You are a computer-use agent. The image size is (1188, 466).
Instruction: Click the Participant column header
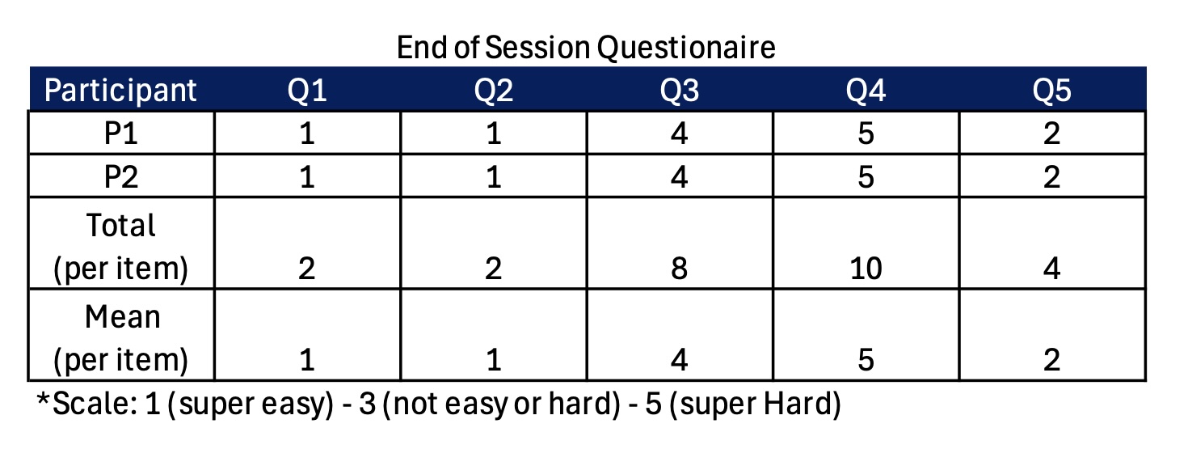tap(120, 91)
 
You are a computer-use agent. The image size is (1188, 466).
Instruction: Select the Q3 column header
tap(680, 91)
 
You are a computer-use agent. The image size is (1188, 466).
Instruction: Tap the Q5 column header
tap(1051, 91)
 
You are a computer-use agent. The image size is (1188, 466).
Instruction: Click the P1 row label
tap(121, 133)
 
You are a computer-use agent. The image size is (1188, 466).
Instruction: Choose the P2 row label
tap(121, 176)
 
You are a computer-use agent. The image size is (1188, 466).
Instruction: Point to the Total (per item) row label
tap(121, 247)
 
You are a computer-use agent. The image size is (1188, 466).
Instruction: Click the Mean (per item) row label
tap(121, 339)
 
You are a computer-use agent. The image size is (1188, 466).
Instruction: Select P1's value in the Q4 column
tap(866, 133)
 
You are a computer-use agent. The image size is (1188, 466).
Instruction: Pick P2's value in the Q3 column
tap(680, 176)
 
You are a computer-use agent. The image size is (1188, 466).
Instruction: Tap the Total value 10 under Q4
tap(866, 269)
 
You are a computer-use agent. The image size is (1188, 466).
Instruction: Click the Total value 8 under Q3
tap(680, 269)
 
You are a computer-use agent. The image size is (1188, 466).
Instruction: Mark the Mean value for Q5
tap(1051, 360)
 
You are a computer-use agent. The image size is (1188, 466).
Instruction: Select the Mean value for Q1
tap(307, 360)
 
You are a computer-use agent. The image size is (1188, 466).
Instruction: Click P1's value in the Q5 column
tap(1051, 133)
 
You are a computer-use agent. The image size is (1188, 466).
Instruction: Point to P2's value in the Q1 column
tap(307, 176)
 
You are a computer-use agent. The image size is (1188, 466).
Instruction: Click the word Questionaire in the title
tap(686, 48)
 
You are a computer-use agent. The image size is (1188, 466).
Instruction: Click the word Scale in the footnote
tap(95, 404)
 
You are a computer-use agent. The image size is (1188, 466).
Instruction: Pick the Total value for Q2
tap(493, 269)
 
